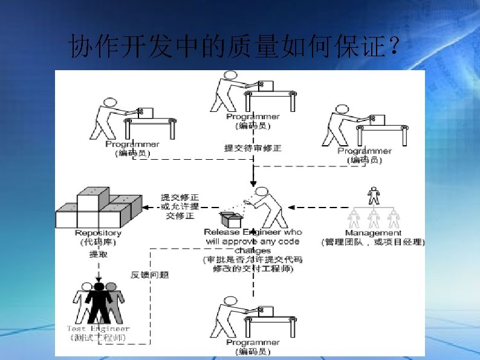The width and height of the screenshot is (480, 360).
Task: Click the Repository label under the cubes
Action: click(x=98, y=233)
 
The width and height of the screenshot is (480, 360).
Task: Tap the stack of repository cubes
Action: click(x=98, y=208)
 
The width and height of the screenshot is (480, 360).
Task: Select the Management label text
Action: click(x=373, y=233)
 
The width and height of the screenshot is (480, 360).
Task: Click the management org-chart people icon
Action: click(x=374, y=208)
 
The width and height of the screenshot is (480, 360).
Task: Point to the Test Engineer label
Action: click(x=98, y=329)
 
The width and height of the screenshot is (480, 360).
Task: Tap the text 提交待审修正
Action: click(x=253, y=148)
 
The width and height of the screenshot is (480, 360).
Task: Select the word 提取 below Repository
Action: click(x=98, y=255)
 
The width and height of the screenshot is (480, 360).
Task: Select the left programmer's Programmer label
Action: click(x=132, y=144)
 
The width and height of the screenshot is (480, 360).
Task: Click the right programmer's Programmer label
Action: click(x=365, y=151)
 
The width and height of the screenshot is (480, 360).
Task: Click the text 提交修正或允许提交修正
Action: click(x=180, y=206)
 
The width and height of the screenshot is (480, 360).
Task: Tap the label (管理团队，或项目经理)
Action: click(x=373, y=242)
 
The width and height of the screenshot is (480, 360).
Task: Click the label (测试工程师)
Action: click(x=98, y=337)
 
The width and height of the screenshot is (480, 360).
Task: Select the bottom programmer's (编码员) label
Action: click(x=253, y=352)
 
